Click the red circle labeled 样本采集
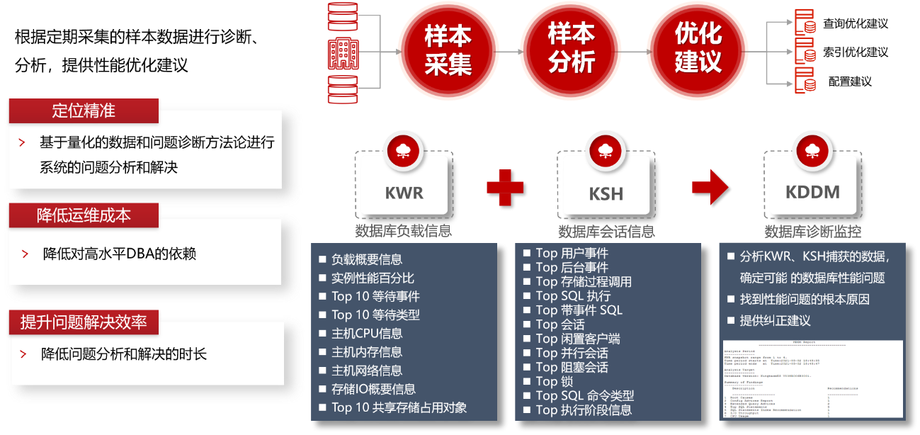point(448,48)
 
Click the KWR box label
point(404,193)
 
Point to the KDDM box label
point(812,192)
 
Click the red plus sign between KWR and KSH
point(505,187)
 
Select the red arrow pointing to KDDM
point(710,187)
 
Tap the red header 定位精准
point(83,111)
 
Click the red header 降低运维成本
point(84,215)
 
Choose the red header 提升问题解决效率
point(84,322)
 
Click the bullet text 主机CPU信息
point(367,334)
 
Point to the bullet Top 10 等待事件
point(375,296)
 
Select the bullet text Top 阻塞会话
point(572,367)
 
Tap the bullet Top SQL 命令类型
point(584,395)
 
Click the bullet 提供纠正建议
point(775,320)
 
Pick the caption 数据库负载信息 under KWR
point(404,232)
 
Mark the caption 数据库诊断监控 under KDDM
point(812,232)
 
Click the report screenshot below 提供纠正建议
point(812,379)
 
